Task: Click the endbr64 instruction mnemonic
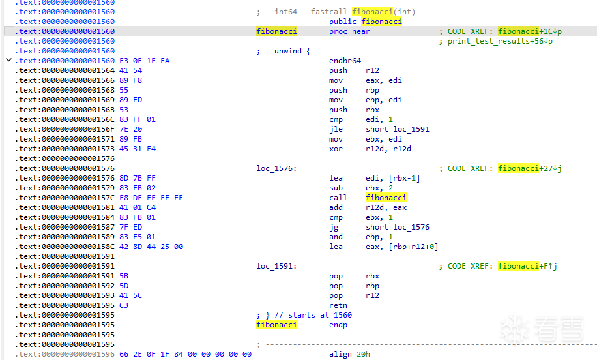345,61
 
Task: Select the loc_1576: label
276,168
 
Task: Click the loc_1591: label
276,266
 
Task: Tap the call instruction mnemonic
338,198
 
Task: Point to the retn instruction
338,305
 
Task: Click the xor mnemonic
336,149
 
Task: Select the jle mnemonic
336,129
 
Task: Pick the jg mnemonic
334,228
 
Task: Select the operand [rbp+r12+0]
415,247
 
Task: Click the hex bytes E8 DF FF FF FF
151,198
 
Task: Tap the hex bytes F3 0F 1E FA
144,61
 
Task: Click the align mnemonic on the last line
340,354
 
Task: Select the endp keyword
338,325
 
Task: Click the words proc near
349,31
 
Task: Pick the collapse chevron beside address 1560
8,60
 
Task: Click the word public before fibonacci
343,22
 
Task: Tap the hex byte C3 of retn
124,305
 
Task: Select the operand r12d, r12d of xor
388,149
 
